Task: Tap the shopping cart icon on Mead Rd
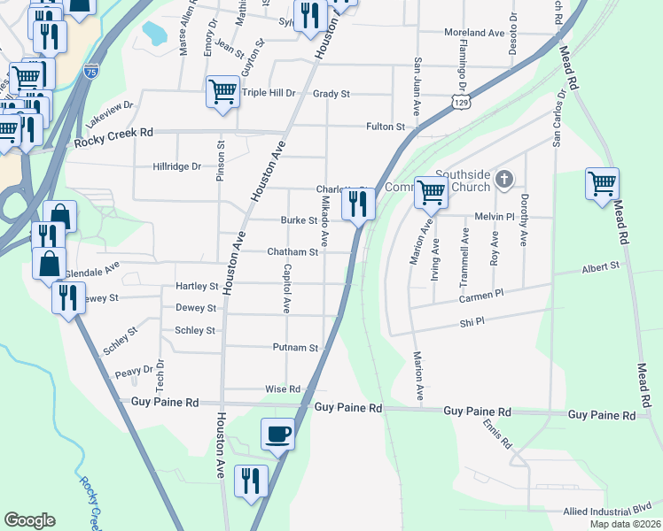tap(602, 185)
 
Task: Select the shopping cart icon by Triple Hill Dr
tap(222, 92)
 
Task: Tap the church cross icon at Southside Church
tap(504, 180)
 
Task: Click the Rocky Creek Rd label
tap(114, 132)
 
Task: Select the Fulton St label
tap(386, 127)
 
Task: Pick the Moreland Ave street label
tap(473, 34)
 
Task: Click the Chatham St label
tap(292, 252)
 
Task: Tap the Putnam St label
tap(295, 348)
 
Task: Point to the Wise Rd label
tap(284, 389)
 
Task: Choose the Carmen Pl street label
tap(480, 298)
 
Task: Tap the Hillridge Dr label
tap(177, 165)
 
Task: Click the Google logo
tap(29, 519)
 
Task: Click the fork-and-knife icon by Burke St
tap(358, 204)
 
